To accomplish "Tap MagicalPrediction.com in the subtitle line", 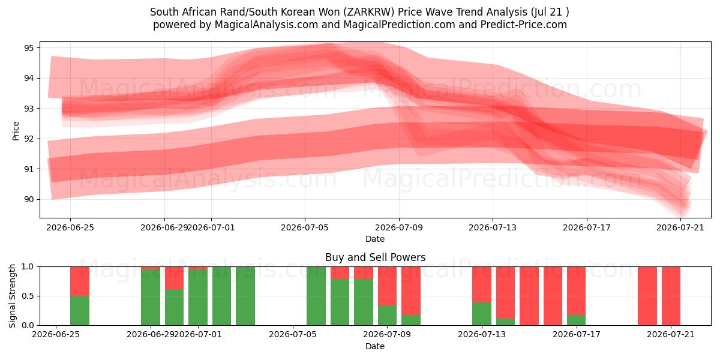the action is click(x=399, y=25).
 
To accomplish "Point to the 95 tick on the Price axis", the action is click(x=29, y=48).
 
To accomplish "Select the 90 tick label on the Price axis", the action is click(x=29, y=199).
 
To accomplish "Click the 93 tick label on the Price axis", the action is click(x=29, y=109).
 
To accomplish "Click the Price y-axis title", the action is click(x=16, y=131).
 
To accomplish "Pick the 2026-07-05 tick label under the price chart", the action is click(x=305, y=227).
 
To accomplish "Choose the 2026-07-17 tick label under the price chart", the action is click(x=587, y=227).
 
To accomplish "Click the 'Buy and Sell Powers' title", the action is click(x=375, y=257).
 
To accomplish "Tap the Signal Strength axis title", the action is click(x=12, y=296).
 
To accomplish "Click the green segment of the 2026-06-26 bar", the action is click(x=80, y=311).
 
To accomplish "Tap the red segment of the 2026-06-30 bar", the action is click(x=174, y=278).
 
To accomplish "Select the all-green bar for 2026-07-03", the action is click(x=245, y=296).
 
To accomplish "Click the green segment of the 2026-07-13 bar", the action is click(x=482, y=314).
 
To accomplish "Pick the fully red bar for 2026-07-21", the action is click(x=671, y=296).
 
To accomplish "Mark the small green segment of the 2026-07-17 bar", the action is click(x=577, y=320).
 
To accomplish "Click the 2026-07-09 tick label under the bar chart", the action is click(x=387, y=335).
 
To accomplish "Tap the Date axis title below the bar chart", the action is click(x=375, y=346).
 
